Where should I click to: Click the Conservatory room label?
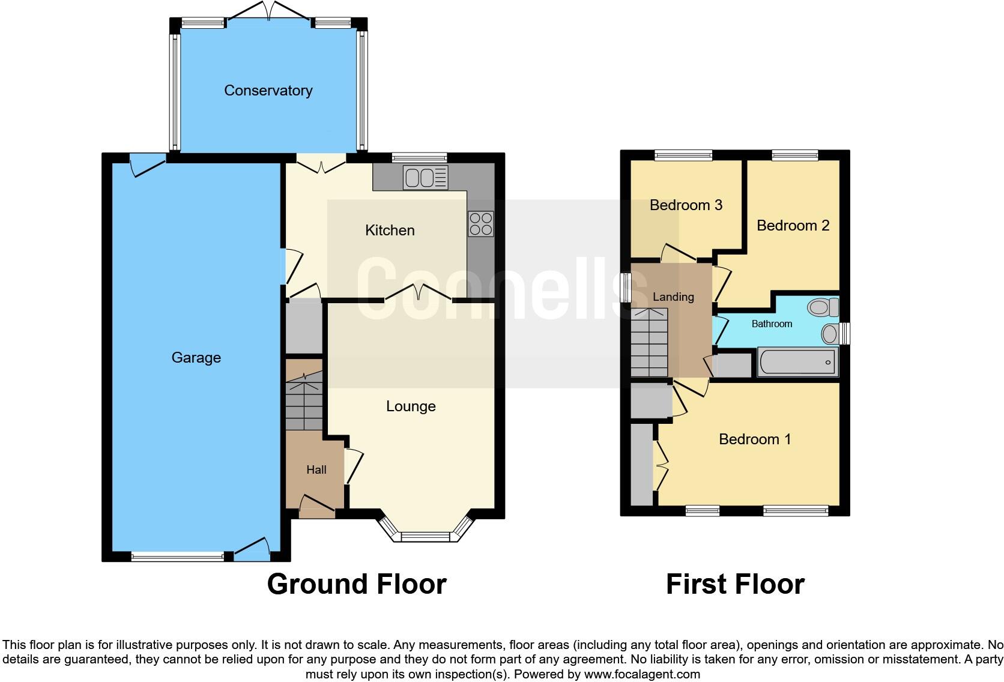(268, 91)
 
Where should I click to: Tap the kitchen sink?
(426, 178)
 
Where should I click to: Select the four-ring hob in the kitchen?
(481, 224)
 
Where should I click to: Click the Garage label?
(196, 358)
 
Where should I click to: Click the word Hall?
(316, 470)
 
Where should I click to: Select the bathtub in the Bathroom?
(797, 363)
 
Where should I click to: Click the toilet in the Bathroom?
(823, 308)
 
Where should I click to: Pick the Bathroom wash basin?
(830, 334)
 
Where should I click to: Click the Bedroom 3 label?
(686, 205)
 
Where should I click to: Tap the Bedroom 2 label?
(793, 226)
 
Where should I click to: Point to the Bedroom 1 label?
(754, 439)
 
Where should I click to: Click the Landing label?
(673, 297)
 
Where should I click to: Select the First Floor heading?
(735, 584)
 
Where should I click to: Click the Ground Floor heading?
(357, 584)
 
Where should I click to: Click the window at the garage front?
(177, 557)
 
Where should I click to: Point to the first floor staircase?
(649, 342)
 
